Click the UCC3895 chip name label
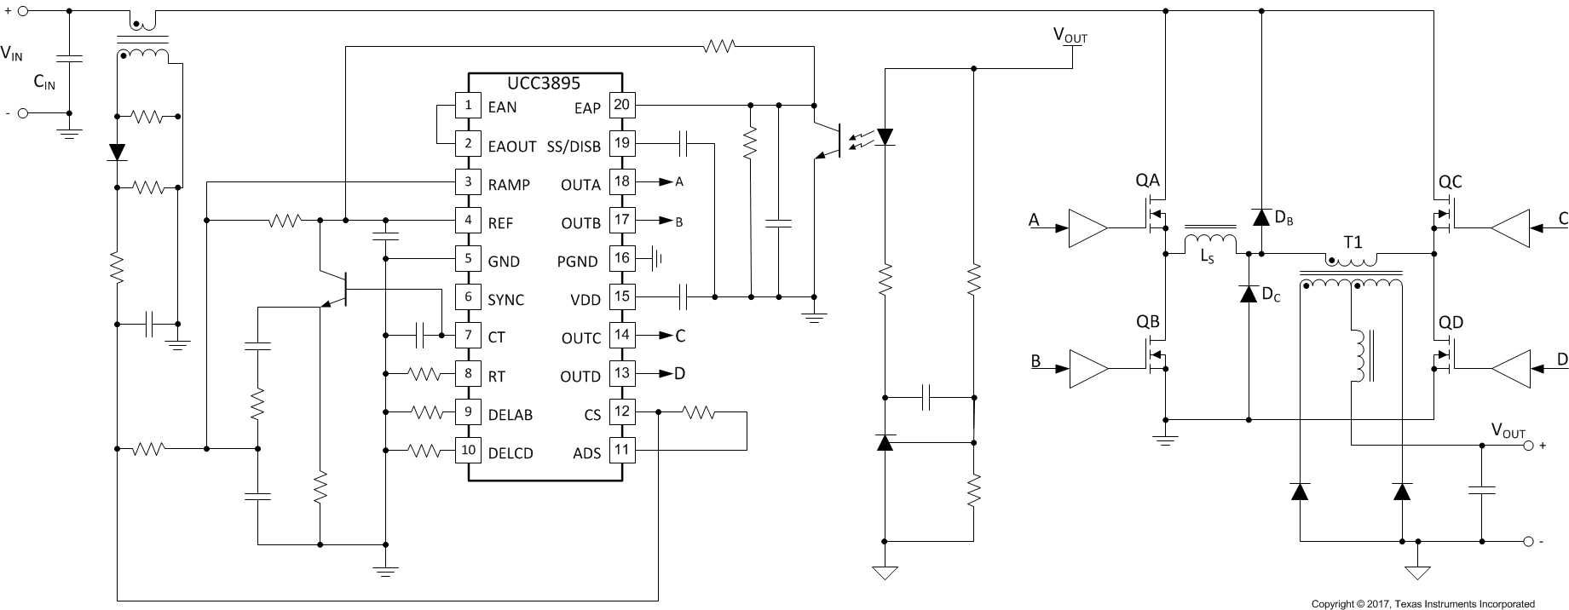(543, 83)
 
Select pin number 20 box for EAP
(622, 106)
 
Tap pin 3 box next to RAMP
(467, 182)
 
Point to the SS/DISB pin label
(574, 147)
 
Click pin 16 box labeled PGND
(622, 258)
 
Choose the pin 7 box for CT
(467, 335)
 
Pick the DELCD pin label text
(511, 453)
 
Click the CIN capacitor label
(44, 83)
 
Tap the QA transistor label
(1147, 181)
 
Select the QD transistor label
(1451, 323)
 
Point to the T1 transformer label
(1353, 243)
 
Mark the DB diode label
(1283, 219)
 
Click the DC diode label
(1270, 296)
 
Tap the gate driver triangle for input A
(1087, 228)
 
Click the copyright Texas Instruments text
(1422, 603)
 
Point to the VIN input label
(12, 53)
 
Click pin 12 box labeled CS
(622, 411)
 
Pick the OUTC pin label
(580, 338)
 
